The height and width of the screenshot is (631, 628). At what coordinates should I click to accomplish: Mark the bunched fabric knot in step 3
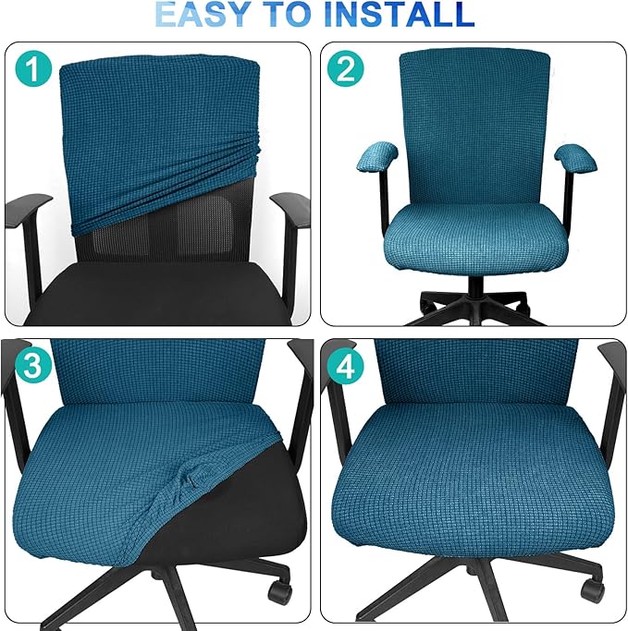click(190, 480)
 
